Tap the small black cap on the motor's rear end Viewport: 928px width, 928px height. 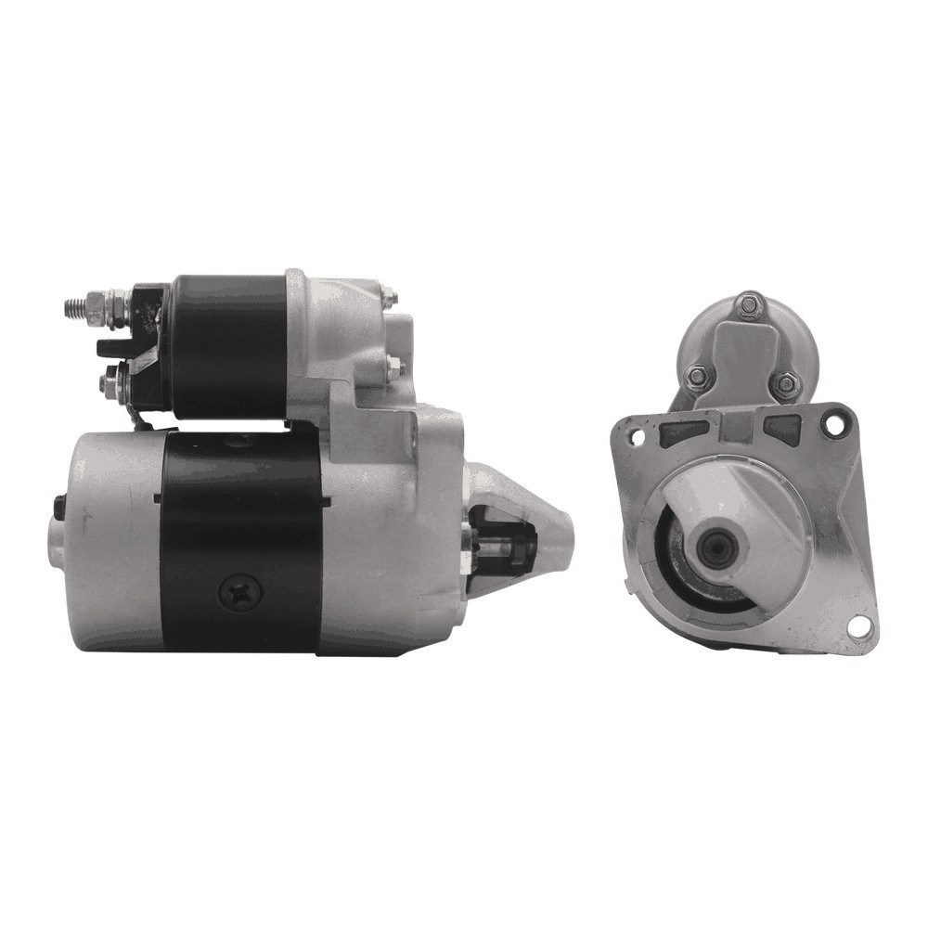pos(58,505)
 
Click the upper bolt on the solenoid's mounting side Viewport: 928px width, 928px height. pos(390,298)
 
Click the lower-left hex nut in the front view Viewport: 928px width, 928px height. pos(696,375)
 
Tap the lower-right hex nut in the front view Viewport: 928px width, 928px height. pos(785,381)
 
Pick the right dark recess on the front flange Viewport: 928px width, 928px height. pos(783,427)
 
